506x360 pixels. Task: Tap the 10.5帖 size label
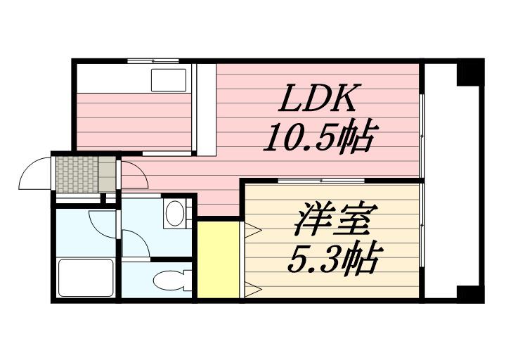318,138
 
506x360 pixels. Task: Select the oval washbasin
174,213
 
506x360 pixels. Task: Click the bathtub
85,278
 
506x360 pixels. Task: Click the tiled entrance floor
76,173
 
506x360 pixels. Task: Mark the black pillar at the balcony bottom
469,292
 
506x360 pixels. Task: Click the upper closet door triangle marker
252,229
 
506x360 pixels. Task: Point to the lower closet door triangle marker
252,288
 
